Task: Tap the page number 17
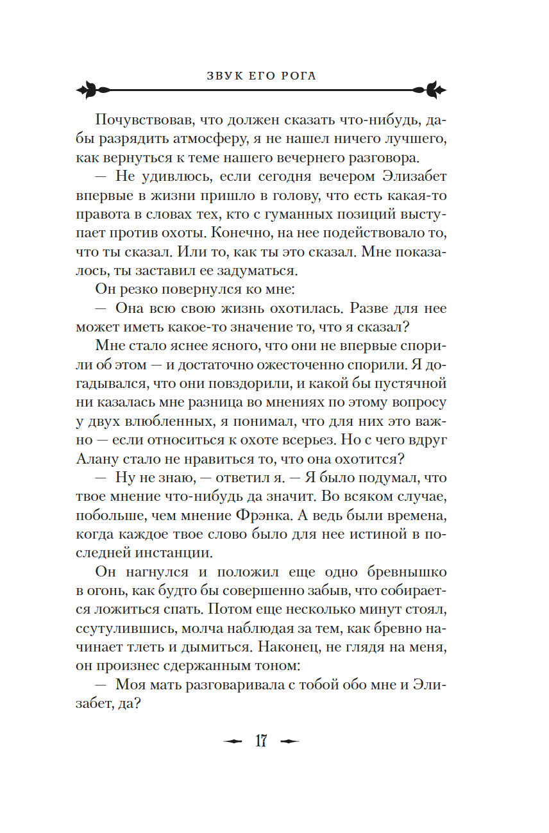click(x=261, y=741)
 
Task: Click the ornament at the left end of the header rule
click(x=90, y=90)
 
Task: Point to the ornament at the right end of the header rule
click(x=432, y=90)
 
